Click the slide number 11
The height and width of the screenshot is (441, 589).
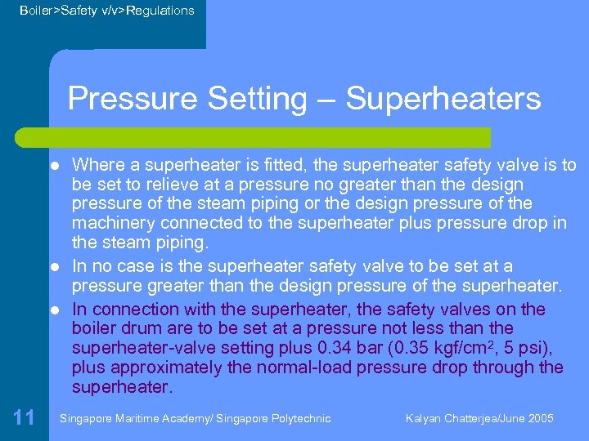click(x=24, y=418)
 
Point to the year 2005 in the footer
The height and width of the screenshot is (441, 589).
click(x=541, y=418)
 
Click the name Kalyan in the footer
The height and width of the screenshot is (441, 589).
click(x=424, y=418)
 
